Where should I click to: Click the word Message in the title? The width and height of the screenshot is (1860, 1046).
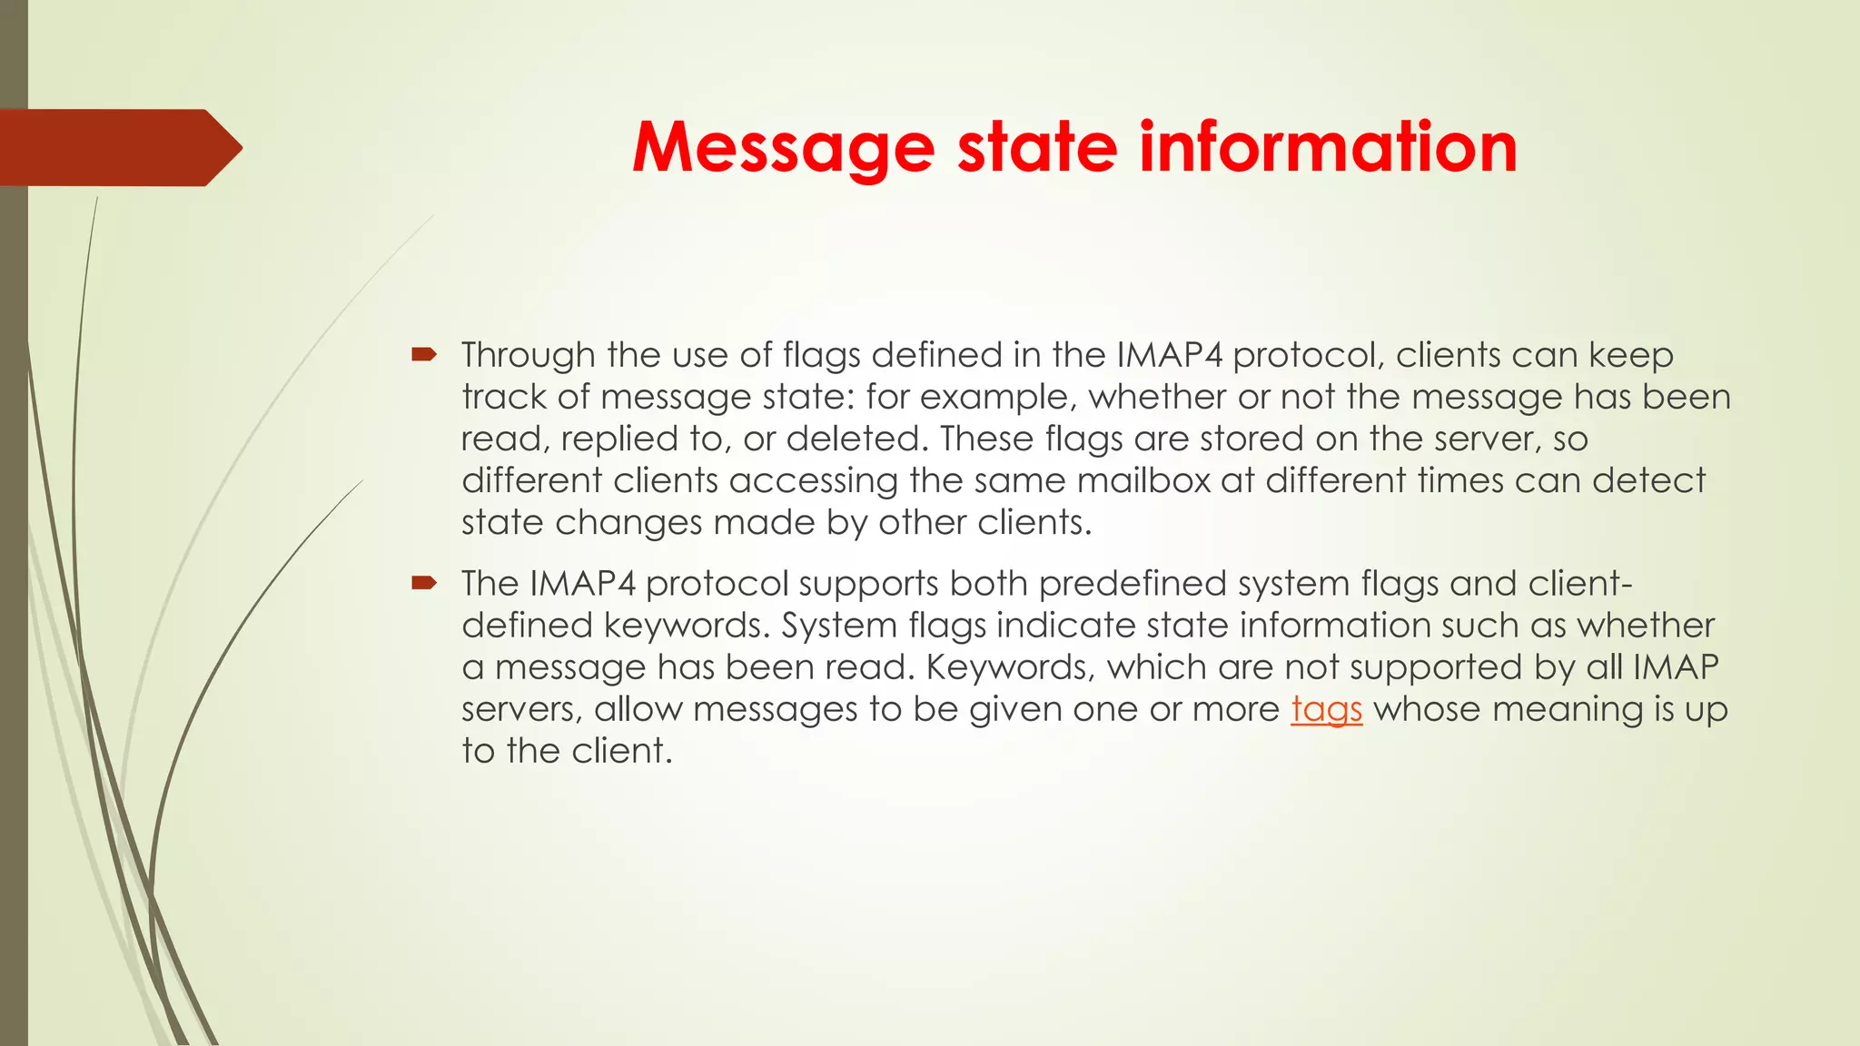[783, 147]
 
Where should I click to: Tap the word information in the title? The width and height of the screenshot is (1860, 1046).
[1328, 147]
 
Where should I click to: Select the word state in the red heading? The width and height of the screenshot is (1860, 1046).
[1037, 147]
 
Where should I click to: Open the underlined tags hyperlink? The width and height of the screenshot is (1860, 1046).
[1327, 709]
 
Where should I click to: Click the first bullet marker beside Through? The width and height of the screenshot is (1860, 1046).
[423, 355]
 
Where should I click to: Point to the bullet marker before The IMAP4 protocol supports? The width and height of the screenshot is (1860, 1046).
[423, 583]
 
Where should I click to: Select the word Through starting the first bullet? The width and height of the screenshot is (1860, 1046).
[528, 355]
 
